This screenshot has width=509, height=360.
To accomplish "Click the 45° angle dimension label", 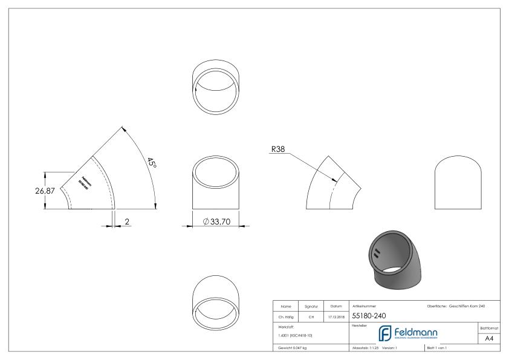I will tap(151, 163).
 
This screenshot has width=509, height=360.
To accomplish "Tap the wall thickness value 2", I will tap(128, 221).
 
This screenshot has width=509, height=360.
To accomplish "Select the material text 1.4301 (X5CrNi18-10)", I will tap(296, 335).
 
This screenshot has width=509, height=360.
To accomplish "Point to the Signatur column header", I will tap(313, 306).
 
